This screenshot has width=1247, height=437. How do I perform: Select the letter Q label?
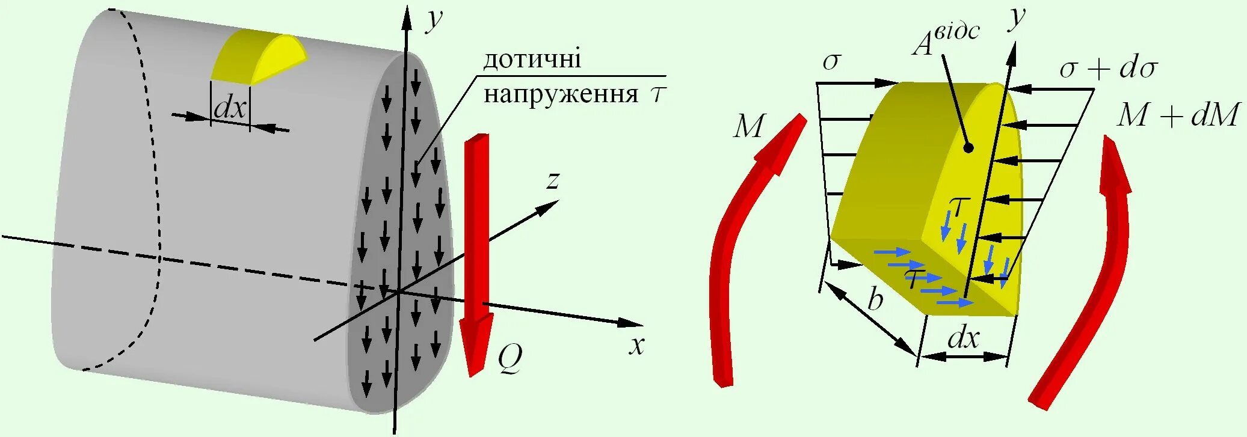pyautogui.click(x=510, y=359)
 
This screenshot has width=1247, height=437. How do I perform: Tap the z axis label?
pyautogui.click(x=553, y=180)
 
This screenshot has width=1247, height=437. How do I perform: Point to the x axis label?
pyautogui.click(x=636, y=346)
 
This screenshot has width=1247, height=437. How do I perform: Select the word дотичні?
pyautogui.click(x=532, y=59)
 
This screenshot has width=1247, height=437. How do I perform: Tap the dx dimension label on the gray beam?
pyautogui.click(x=230, y=108)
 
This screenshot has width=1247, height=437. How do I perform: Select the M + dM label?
pyautogui.click(x=1178, y=115)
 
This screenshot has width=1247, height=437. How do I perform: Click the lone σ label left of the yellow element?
pyautogui.click(x=831, y=61)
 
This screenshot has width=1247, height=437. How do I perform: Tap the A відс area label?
pyautogui.click(x=944, y=39)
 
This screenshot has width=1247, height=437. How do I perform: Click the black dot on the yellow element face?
pyautogui.click(x=968, y=148)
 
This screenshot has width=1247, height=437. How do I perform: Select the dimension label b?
pyautogui.click(x=875, y=299)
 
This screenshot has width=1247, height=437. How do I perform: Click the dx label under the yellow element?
pyautogui.click(x=963, y=338)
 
